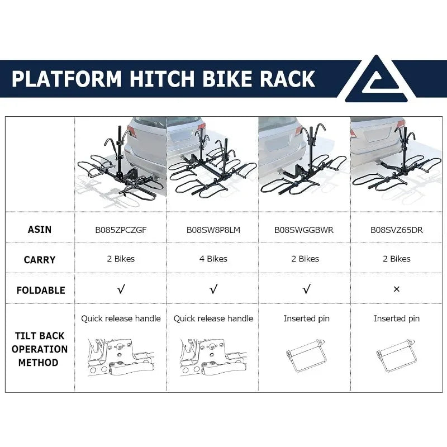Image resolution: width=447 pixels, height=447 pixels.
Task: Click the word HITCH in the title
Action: [162, 79]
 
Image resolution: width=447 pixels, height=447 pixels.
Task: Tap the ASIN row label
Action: [40, 230]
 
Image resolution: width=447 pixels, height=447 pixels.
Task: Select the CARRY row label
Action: [40, 260]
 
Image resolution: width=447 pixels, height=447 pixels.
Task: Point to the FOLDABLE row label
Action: [41, 290]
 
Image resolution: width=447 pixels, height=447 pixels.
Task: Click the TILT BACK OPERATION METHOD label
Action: [39, 349]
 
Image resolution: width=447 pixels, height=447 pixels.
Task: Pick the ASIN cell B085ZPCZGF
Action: [121, 230]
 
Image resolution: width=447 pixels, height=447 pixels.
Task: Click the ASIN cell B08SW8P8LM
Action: [213, 230]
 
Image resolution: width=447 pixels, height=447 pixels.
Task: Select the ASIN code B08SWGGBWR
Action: [304, 230]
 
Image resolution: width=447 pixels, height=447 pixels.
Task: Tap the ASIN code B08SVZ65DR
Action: [397, 230]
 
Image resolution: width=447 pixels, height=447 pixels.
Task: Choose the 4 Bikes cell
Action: [213, 259]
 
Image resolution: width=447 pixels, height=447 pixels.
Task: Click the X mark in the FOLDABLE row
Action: [397, 289]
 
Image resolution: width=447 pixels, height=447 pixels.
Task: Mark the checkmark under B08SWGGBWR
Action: [306, 289]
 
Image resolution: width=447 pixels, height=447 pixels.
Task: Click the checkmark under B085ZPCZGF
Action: [121, 289]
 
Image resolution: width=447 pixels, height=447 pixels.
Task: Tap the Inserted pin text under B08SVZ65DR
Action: [397, 318]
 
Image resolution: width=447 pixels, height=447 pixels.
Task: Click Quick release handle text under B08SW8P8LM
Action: [213, 318]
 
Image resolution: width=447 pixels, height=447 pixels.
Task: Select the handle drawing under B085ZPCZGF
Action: [121, 357]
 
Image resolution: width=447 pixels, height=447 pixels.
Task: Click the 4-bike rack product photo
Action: [213, 164]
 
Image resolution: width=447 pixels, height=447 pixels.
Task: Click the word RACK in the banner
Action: [287, 79]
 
